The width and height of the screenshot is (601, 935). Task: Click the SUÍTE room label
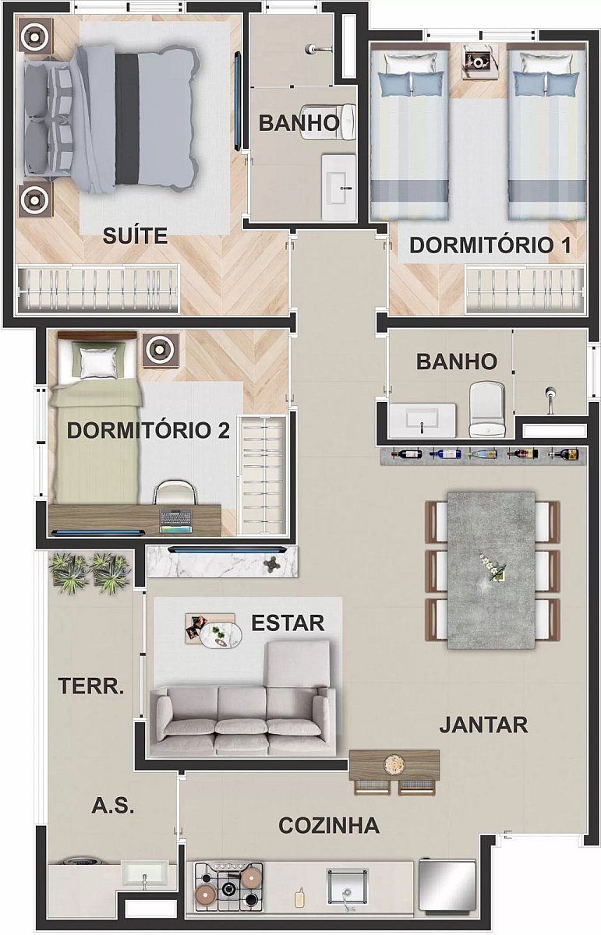(135, 236)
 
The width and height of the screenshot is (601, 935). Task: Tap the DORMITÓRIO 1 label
(490, 245)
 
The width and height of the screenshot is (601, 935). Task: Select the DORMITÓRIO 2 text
(148, 430)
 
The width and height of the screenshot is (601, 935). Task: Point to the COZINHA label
(329, 825)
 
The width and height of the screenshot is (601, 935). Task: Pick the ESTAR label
(288, 623)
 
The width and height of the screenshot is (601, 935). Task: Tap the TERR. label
(91, 686)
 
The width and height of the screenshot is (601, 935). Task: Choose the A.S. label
(113, 805)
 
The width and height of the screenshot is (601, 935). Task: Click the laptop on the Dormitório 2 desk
(176, 521)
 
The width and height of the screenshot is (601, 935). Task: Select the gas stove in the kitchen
(229, 886)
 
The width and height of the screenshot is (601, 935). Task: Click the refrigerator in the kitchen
(447, 885)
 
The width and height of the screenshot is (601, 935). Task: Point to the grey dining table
(491, 570)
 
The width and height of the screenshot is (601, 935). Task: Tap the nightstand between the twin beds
(479, 62)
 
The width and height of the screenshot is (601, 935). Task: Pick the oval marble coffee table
(221, 636)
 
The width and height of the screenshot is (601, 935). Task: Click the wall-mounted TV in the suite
(238, 101)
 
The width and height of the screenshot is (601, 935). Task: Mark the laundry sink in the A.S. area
(144, 875)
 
